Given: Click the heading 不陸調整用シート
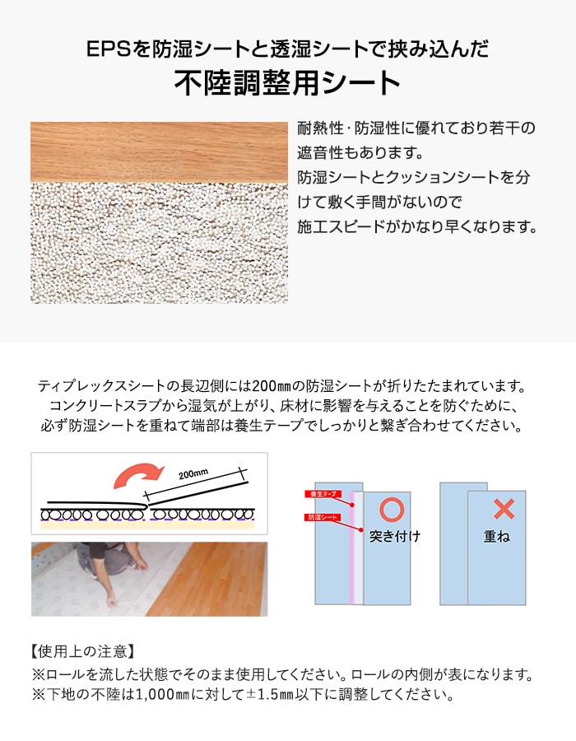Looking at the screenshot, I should (x=287, y=83).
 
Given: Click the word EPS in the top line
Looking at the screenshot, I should (x=108, y=49).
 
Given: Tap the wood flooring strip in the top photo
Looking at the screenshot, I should (x=159, y=152).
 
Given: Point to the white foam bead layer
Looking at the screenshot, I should (x=159, y=243).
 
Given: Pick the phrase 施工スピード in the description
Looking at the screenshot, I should (x=341, y=225).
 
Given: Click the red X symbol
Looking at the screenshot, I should (x=504, y=508).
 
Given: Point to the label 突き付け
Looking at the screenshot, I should (x=394, y=537).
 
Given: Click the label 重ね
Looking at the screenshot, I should (x=496, y=537).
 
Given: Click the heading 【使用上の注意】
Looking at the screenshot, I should (x=81, y=651).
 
